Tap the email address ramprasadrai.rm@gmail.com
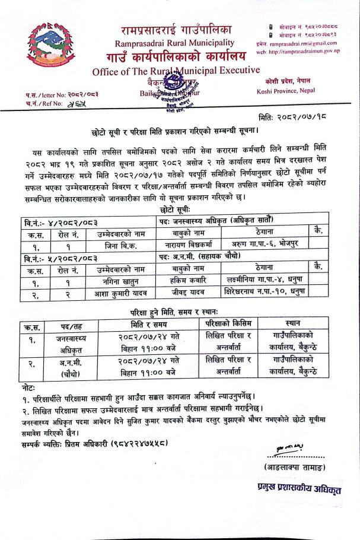pos(307,43)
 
